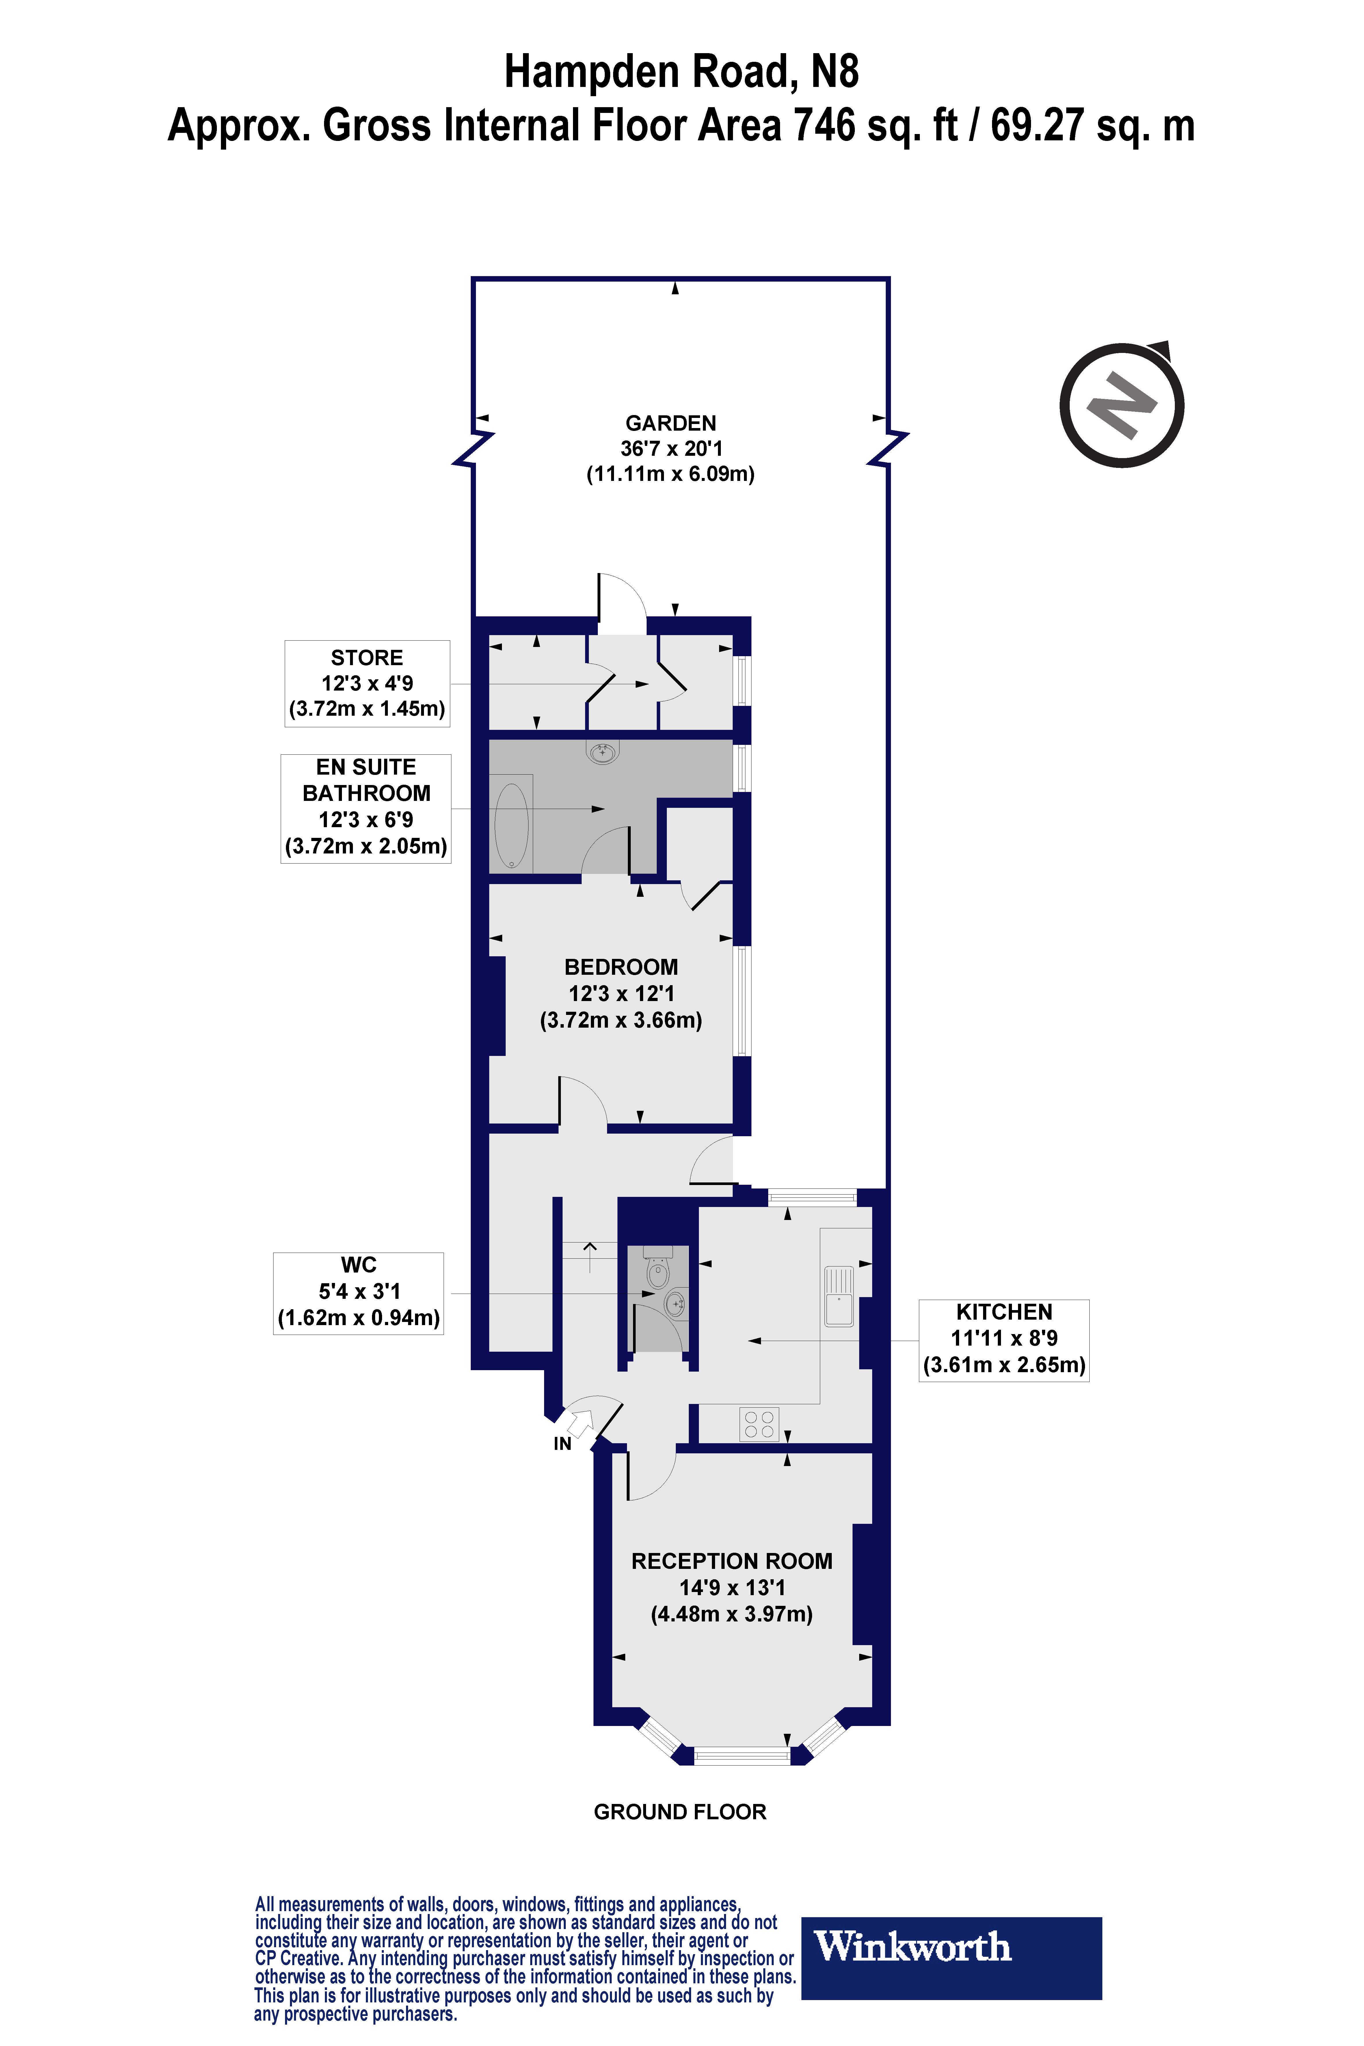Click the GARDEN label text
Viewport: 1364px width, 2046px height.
[671, 424]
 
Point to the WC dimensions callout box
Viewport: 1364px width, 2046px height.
[358, 1293]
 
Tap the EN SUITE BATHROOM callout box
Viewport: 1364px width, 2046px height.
[366, 807]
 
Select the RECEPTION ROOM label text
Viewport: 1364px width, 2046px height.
[732, 1561]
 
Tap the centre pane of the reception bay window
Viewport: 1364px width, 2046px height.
[741, 1756]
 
